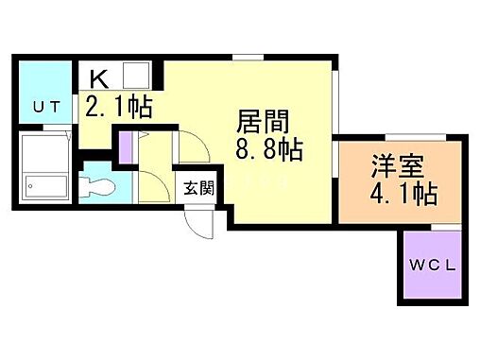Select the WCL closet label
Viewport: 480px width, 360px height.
pos(431,266)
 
